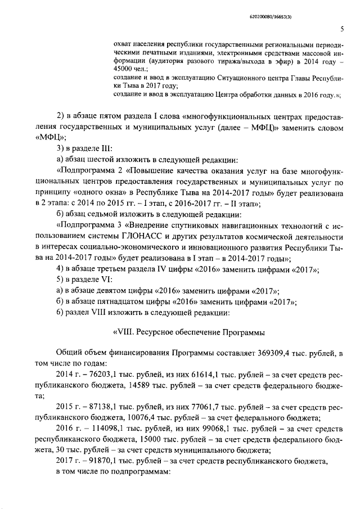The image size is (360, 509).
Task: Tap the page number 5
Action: [342, 30]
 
